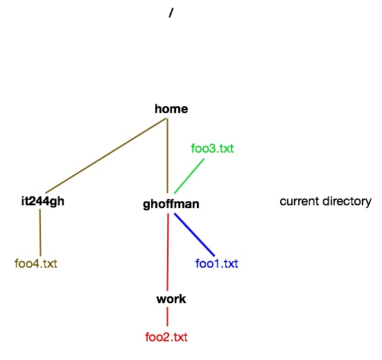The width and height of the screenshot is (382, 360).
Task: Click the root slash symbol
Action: pos(171,12)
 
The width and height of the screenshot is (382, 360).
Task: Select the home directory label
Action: pos(171,109)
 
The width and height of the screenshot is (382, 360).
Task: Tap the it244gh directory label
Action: pos(43,202)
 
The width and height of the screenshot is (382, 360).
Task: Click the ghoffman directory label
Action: pos(171,204)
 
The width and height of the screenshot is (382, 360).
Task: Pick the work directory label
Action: pos(171,299)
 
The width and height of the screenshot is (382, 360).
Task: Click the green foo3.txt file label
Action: pos(212,148)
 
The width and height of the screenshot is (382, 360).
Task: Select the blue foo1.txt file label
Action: pos(216,264)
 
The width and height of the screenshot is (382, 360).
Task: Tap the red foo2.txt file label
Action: pos(166,337)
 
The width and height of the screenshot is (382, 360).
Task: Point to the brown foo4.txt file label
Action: pos(36,264)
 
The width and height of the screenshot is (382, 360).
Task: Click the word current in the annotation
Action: pos(299,202)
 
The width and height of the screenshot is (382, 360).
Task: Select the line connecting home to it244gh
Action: pos(106,155)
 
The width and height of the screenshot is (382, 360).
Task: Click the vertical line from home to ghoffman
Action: pos(167,155)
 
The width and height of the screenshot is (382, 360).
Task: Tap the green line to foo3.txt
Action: pos(189,175)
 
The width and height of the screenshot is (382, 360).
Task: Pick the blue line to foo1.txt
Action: pos(194,234)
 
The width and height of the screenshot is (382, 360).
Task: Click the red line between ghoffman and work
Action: pos(168,252)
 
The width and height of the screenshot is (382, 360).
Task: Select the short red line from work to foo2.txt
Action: pos(167,316)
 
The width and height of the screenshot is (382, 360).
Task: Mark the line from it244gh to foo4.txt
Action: pos(40,232)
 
